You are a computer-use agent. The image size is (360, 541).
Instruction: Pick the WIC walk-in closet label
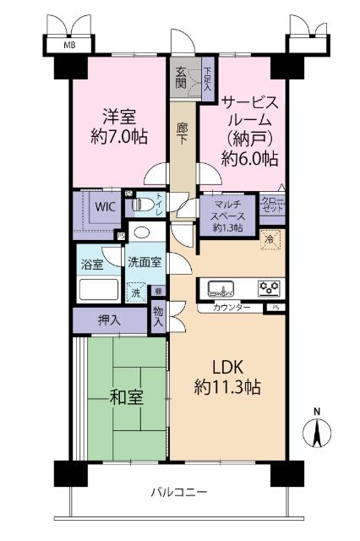pos(106,205)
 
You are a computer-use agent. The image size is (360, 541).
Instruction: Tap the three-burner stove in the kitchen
pos(270,287)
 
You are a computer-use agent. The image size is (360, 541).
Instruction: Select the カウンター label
pos(231,308)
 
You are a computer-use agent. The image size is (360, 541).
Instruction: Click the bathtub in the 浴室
pos(101,290)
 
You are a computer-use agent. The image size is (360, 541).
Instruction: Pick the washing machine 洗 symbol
pos(135,292)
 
